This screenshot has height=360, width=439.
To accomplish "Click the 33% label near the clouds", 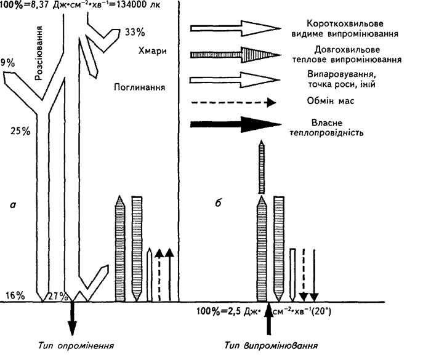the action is click(135, 33).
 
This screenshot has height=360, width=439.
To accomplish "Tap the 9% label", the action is click(7, 63).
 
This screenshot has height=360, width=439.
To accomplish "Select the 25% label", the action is click(20, 131).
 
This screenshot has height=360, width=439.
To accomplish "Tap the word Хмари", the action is click(152, 51).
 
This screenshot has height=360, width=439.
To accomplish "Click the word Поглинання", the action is click(140, 87).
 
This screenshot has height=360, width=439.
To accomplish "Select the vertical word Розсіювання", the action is click(39, 53).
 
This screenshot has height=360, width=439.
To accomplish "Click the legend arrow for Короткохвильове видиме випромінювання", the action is click(235, 28).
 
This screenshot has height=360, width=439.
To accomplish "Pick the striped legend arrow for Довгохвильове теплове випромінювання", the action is click(235, 55).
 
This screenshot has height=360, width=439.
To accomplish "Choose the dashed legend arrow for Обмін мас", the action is click(234, 102).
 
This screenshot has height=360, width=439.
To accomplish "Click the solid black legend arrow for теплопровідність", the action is click(236, 124).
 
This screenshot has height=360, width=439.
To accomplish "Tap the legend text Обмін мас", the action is click(331, 100).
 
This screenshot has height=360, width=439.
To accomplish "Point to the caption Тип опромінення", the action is click(76, 345).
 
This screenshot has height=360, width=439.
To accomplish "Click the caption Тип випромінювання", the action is click(271, 345).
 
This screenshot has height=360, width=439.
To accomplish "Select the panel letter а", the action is click(12, 205).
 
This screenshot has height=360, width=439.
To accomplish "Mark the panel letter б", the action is click(219, 202).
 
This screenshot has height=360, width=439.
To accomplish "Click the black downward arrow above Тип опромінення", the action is click(72, 319).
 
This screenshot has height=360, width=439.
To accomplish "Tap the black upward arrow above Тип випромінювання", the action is click(269, 319).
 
